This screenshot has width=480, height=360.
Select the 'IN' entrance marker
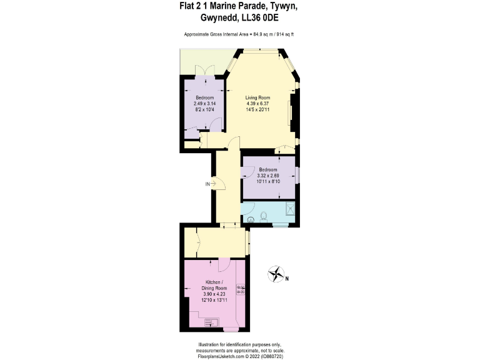(x=208, y=184)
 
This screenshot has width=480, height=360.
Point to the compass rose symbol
(x=275, y=273)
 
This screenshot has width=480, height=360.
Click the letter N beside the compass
(x=287, y=279)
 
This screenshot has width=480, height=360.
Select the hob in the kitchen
(x=241, y=290)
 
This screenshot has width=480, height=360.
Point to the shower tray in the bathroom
(x=289, y=209)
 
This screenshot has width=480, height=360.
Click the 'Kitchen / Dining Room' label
(x=213, y=286)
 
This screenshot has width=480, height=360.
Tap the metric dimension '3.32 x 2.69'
(x=269, y=176)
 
